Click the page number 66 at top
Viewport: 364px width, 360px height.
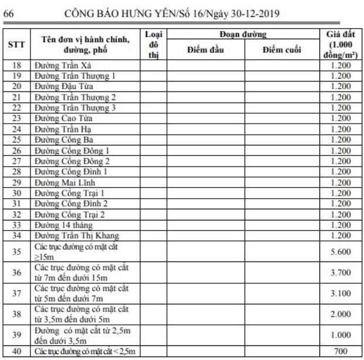coord(9,10)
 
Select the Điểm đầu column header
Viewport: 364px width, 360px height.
coord(206,50)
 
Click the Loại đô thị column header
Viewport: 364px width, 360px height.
coord(154,45)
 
